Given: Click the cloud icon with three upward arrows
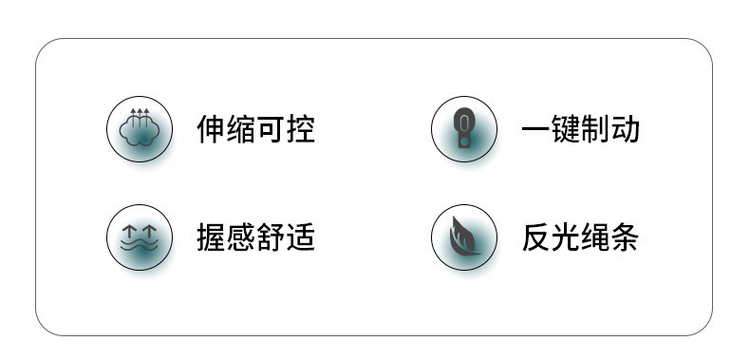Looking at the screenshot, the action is click(140, 128).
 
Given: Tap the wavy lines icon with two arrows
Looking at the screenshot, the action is click(140, 237).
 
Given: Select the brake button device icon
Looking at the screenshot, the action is click(463, 128).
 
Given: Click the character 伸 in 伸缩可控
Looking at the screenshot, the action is click(212, 129).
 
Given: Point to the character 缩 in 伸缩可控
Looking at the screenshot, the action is click(241, 129).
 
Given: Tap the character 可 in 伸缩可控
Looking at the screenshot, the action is click(271, 129).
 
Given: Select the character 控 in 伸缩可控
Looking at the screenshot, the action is click(300, 129).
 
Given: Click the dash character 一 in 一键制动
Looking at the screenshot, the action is click(536, 130).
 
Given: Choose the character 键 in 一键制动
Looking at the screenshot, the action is click(566, 129).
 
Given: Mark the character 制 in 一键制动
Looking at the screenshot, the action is click(595, 129).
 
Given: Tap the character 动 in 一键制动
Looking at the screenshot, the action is click(625, 129).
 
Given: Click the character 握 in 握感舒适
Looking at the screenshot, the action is click(212, 237).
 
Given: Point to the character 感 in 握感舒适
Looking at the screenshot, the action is click(241, 237).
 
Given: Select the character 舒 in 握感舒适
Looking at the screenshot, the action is click(271, 237).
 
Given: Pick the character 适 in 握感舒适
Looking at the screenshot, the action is click(300, 237).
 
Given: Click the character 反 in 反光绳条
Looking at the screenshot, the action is click(536, 237).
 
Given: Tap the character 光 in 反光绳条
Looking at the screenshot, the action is click(566, 237).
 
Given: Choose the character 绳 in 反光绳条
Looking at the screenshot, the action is click(595, 237).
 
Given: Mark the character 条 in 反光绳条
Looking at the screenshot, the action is click(625, 237).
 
